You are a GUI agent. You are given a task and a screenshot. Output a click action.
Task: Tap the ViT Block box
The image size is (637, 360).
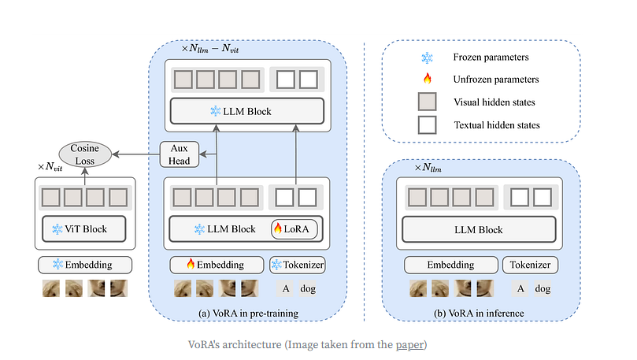click(x=84, y=229)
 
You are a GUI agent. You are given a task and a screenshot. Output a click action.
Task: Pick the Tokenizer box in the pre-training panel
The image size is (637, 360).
click(x=297, y=265)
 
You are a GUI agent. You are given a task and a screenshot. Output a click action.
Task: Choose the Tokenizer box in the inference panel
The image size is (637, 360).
click(x=531, y=265)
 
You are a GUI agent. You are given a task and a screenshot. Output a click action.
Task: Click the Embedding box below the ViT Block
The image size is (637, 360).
click(x=84, y=265)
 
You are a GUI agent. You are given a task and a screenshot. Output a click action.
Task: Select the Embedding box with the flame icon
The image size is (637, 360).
click(x=214, y=265)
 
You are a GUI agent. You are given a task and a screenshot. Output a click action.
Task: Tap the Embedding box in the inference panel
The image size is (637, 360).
click(x=451, y=265)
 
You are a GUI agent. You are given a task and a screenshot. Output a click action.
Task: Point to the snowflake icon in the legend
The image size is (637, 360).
click(x=428, y=58)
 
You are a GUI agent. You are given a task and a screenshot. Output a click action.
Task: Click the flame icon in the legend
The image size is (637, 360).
click(x=428, y=79)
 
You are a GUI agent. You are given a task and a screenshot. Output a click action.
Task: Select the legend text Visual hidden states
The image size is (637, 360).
click(x=495, y=102)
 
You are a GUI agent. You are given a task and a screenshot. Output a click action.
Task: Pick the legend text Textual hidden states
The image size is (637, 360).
click(x=497, y=124)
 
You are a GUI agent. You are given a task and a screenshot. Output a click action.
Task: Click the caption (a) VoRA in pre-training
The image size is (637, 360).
click(x=248, y=314)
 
